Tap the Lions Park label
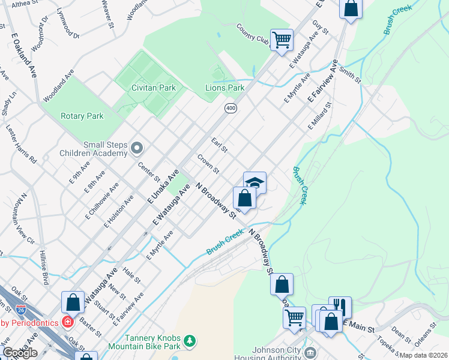click(225, 88)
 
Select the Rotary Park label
click(82, 116)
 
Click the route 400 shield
click(231, 108)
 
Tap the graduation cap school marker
click(255, 182)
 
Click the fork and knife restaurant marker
click(340, 305)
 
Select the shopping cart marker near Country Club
click(282, 40)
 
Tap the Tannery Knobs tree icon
click(190, 341)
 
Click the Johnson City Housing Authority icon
click(310, 352)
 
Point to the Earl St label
click(218, 145)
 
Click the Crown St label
click(208, 163)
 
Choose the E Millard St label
click(320, 116)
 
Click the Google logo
click(20, 353)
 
